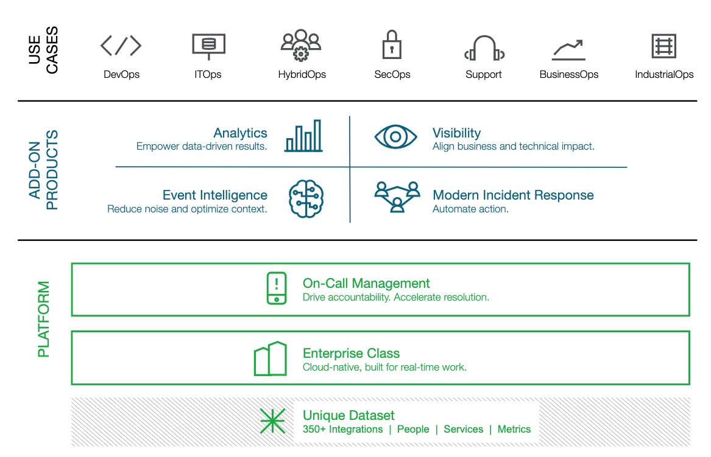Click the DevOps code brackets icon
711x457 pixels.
(121, 46)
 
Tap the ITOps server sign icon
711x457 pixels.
(208, 46)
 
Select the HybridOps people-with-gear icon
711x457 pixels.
(301, 45)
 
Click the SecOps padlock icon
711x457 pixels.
(391, 45)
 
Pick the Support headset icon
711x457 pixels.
(484, 49)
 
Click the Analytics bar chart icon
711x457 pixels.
(303, 136)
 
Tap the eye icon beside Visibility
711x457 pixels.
(396, 136)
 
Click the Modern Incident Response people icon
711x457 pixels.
(397, 197)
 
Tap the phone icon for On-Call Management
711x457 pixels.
(277, 288)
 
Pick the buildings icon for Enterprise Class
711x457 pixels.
(270, 358)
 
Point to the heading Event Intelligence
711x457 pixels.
(214, 195)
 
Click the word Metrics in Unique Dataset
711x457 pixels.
(514, 429)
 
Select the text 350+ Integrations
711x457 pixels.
(342, 429)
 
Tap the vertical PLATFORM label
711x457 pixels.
(44, 319)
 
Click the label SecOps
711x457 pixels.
(392, 75)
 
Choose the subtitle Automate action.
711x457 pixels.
(470, 209)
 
